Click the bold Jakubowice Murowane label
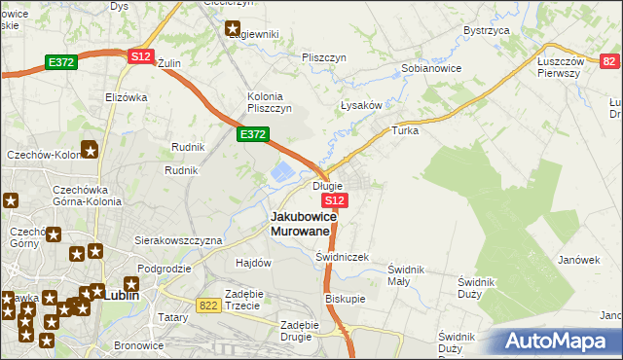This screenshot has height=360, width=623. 303,223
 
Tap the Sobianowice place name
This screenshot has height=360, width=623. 431,69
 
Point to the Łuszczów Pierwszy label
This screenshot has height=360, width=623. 566,67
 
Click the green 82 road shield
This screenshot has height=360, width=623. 608,61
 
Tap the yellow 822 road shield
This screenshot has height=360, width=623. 206,305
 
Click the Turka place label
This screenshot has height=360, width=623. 404,130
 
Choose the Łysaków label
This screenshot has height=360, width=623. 359,105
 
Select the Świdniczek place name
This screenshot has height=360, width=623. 343,257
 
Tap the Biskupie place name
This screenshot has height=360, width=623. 345,300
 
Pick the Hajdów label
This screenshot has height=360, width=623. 253,263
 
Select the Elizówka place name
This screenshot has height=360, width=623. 126,97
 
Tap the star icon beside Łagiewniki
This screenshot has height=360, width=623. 233,29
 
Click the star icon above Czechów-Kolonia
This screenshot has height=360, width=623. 90,150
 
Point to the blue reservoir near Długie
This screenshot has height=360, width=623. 279,173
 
